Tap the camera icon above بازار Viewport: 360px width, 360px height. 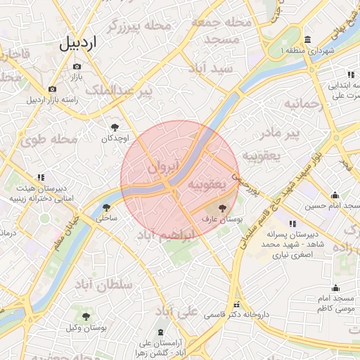point(77,66)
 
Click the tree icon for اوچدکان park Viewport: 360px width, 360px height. point(115,127)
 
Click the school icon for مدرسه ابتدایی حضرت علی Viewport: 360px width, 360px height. point(349,75)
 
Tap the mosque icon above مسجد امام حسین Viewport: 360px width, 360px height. point(335,195)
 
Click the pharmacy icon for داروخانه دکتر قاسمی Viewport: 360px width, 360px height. point(237,305)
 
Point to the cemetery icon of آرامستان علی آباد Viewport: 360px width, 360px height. point(162,331)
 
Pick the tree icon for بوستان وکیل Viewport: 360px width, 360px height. point(86,317)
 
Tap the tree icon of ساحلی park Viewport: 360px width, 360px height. point(105,207)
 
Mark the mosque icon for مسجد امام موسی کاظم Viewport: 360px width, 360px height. point(335,288)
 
